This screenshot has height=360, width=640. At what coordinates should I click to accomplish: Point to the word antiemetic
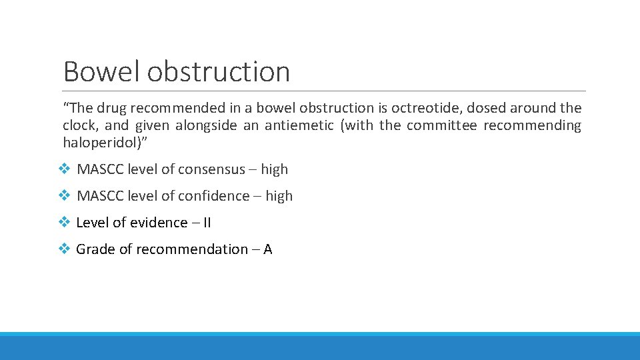coord(300,125)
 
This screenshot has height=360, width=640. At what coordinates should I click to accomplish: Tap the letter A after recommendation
coord(268,249)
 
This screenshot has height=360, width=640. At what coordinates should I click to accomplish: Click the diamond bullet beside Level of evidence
coord(65,223)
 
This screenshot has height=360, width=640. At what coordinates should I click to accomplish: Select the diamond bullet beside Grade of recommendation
coord(65,249)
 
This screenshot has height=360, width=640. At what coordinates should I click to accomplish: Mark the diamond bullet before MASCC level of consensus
coord(65,169)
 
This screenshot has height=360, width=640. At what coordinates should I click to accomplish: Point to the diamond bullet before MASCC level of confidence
coord(65,196)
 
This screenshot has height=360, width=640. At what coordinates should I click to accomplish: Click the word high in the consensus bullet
coord(275,169)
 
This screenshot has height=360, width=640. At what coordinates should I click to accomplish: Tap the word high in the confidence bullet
coord(279,196)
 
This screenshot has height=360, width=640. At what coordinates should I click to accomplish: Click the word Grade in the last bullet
coord(95,249)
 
